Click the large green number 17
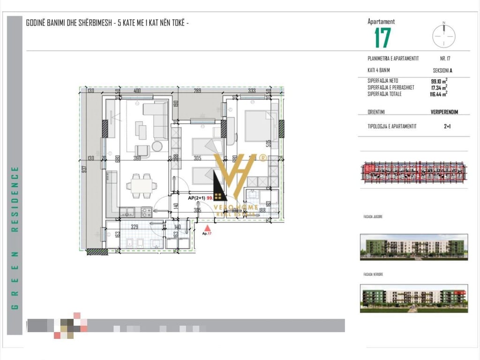pyautogui.click(x=382, y=38)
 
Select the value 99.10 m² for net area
pyautogui.click(x=439, y=81)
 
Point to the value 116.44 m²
pyautogui.click(x=438, y=94)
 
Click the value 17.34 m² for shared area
pyautogui.click(x=439, y=87)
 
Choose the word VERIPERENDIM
pyautogui.click(x=444, y=112)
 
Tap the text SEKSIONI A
pyautogui.click(x=442, y=71)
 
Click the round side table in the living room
pyautogui.click(x=157, y=146)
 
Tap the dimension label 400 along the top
pyautogui.click(x=137, y=90)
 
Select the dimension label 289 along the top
pyautogui.click(x=197, y=90)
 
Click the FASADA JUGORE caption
pyautogui.click(x=373, y=217)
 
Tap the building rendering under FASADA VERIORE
pyautogui.click(x=413, y=298)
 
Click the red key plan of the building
pyautogui.click(x=413, y=172)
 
